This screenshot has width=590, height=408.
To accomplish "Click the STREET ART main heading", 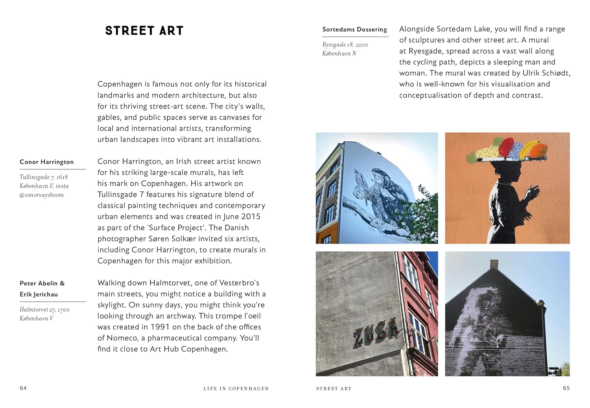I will pyautogui.click(x=144, y=31).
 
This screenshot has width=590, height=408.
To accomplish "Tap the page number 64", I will pyautogui.click(x=23, y=388).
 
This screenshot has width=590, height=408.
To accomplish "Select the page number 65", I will pyautogui.click(x=566, y=388).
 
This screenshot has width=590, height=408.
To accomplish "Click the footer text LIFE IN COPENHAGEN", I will pyautogui.click(x=236, y=388).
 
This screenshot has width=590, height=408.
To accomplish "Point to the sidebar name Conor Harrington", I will pyautogui.click(x=47, y=162).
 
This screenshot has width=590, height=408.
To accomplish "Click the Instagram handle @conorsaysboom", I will pyautogui.click(x=42, y=195).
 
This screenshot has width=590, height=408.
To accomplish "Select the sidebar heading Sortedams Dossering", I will pyautogui.click(x=354, y=30).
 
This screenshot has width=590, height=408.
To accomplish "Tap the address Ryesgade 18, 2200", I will pyautogui.click(x=345, y=45).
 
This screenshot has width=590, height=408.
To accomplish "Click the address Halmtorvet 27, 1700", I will pyautogui.click(x=44, y=310).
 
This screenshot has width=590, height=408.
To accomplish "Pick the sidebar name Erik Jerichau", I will pyautogui.click(x=39, y=294).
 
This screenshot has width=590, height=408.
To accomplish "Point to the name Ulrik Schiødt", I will pyautogui.click(x=546, y=73).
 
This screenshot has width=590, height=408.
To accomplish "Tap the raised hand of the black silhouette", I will pyautogui.click(x=533, y=193).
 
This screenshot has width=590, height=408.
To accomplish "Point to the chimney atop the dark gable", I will pyautogui.click(x=494, y=264).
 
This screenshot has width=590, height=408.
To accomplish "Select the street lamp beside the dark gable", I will pyautogui.click(x=541, y=303).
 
